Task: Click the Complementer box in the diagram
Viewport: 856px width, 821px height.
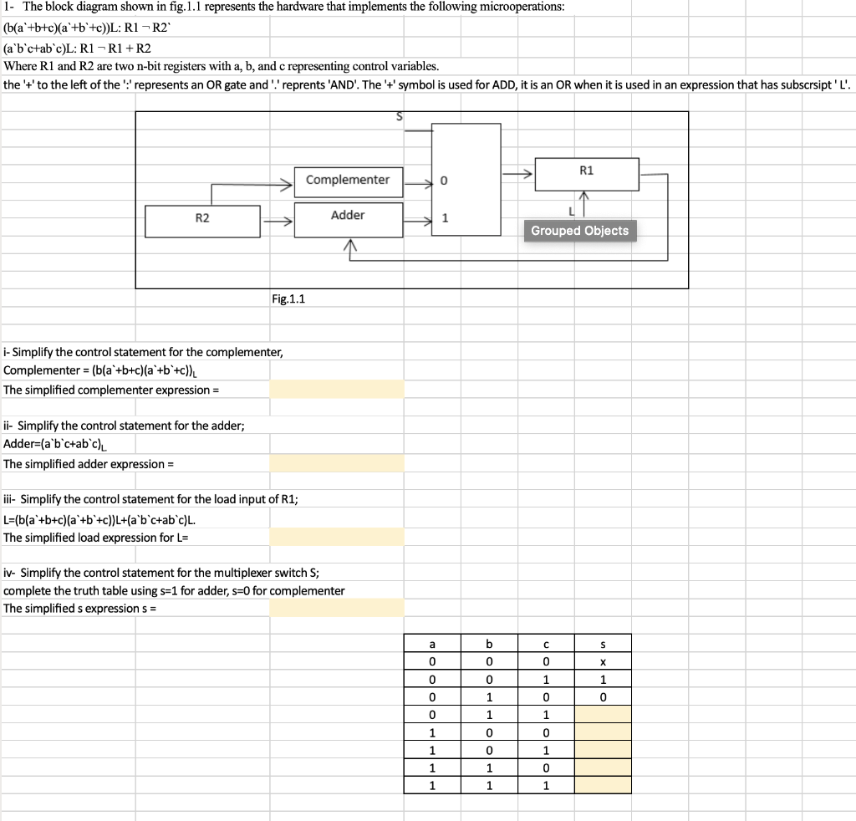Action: (x=348, y=181)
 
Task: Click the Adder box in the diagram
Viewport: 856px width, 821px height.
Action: (x=348, y=216)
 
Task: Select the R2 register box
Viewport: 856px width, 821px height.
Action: (x=202, y=220)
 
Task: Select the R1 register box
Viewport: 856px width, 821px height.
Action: (x=586, y=172)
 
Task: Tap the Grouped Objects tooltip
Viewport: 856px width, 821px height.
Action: (x=580, y=231)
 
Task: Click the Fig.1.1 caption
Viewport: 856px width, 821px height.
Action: (x=288, y=298)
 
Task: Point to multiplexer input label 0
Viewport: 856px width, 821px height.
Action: (x=444, y=181)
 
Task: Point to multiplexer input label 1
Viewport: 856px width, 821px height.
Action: (x=445, y=219)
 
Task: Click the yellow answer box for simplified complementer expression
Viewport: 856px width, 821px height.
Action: (x=336, y=390)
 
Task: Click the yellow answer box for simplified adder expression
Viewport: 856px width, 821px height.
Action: (x=336, y=463)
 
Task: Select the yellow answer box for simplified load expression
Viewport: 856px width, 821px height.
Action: (x=336, y=537)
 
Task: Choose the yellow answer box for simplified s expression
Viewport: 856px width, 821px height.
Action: (x=336, y=608)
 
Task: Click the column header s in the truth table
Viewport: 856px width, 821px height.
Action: (x=602, y=643)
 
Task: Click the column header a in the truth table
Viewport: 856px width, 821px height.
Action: (x=432, y=643)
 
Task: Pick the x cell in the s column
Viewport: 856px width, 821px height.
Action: (x=602, y=660)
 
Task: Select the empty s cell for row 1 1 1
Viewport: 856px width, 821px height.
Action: (x=602, y=785)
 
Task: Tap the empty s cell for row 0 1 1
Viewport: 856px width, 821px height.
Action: (x=602, y=714)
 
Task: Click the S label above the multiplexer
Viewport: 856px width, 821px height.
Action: (x=399, y=118)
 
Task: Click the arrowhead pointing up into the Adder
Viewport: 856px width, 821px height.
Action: (x=349, y=244)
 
